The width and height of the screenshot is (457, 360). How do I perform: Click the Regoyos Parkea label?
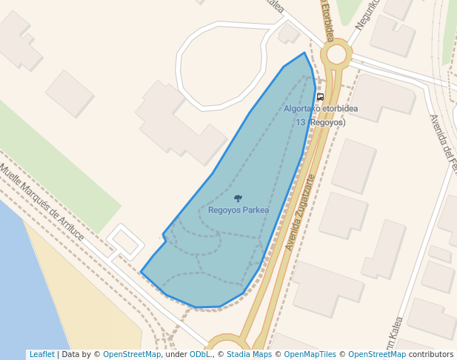(x=238, y=210)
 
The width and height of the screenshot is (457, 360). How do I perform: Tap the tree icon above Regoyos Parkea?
(x=238, y=199)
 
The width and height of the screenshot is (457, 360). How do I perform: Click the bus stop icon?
(x=320, y=97)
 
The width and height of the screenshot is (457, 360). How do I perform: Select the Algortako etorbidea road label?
(x=321, y=109)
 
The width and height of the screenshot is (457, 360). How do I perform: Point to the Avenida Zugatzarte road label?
(x=300, y=212)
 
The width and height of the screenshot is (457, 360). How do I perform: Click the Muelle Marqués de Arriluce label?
(x=41, y=203)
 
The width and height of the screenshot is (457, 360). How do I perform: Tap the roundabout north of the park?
(x=337, y=54)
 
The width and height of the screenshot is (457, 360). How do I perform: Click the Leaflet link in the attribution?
(x=41, y=355)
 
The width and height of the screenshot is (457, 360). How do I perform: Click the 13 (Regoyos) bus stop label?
(x=321, y=122)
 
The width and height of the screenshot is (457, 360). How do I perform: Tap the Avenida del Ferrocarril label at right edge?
(x=443, y=145)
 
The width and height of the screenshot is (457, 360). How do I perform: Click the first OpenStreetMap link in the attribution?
(x=132, y=355)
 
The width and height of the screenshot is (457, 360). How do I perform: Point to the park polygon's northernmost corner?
(x=304, y=53)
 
